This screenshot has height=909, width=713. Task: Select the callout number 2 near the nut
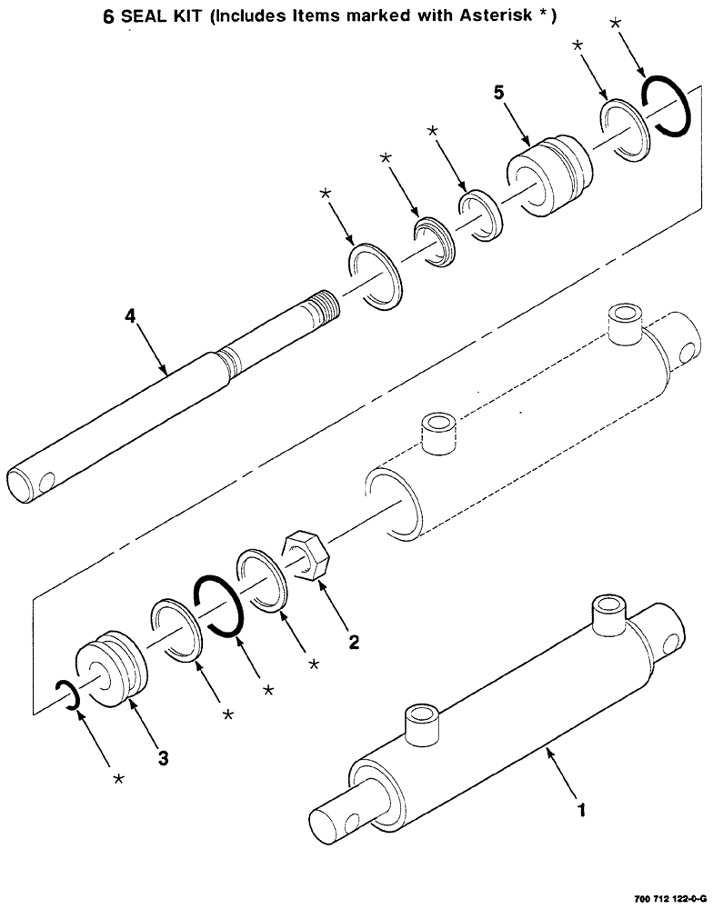354,643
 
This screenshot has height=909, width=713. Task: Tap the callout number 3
162,758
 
